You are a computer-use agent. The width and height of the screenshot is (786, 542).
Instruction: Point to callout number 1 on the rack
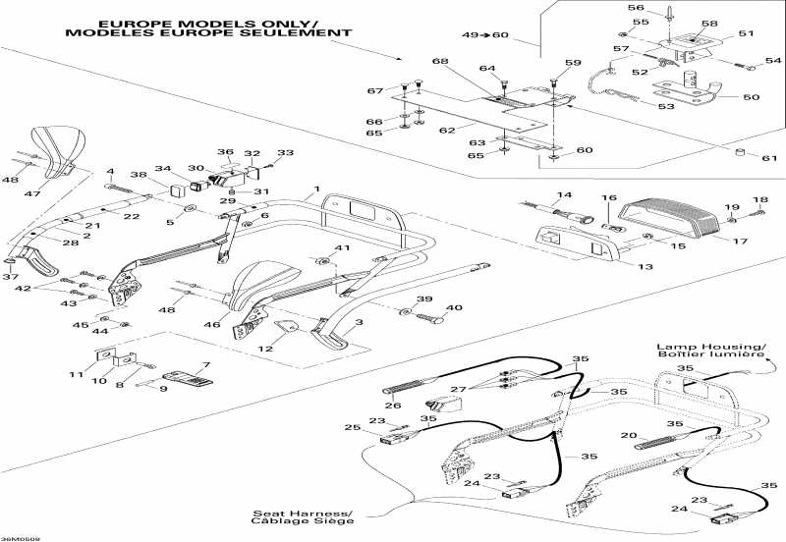(317, 188)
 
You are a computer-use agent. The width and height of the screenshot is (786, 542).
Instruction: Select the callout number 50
(753, 97)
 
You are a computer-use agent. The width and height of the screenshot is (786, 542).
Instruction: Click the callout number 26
(393, 406)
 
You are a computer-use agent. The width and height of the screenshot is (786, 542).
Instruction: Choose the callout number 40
(426, 308)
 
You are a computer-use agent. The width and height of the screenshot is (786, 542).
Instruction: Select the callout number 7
(206, 365)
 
